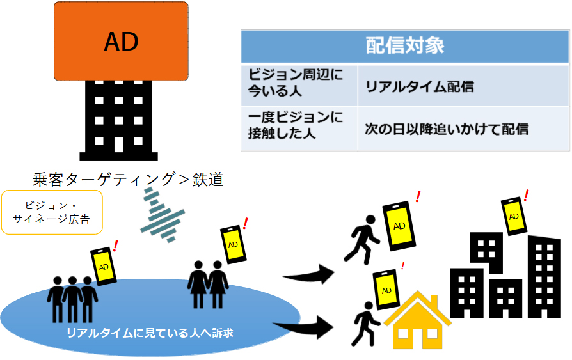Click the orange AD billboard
[121, 41]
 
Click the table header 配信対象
[404, 46]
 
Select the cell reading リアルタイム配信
[420, 87]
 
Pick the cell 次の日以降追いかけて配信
[447, 129]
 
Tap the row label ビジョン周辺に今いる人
[296, 82]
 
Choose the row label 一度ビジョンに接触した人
[296, 125]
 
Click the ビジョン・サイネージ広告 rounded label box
[52, 212]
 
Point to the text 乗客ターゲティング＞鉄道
[128, 180]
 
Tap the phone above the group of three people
[104, 266]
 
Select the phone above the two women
[234, 244]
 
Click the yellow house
[418, 321]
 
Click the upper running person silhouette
[362, 239]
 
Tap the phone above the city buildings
[514, 216]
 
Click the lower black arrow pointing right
[305, 327]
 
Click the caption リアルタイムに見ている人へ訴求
[150, 333]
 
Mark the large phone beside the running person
[399, 226]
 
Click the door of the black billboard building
[118, 145]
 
